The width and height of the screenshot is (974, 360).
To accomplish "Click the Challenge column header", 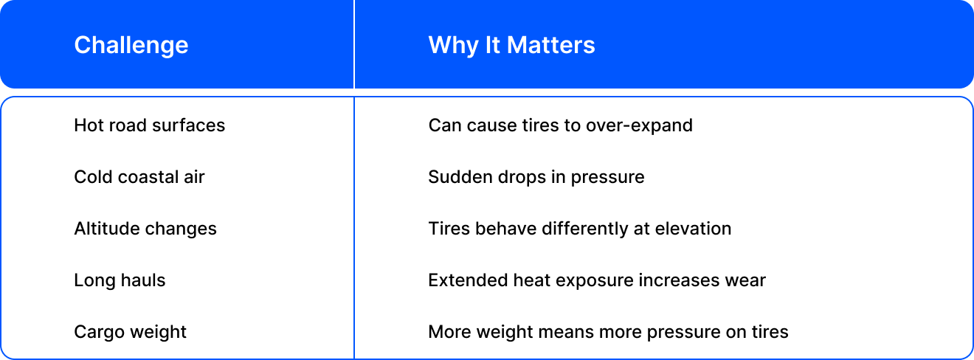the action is click(131, 45).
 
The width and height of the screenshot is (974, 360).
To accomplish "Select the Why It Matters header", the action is click(511, 45).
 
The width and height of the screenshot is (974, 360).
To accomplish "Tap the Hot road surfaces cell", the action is click(150, 125).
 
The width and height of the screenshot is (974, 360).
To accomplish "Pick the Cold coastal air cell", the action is click(139, 177).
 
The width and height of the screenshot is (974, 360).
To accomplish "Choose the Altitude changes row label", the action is click(145, 229).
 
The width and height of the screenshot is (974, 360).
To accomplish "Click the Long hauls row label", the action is click(120, 280).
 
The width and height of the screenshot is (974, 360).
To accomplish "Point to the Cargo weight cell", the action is click(130, 332).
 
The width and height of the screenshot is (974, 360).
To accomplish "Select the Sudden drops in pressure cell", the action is click(536, 177).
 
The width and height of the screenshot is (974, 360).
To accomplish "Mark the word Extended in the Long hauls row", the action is click(468, 280).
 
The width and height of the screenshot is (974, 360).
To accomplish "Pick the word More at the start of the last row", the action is click(449, 332).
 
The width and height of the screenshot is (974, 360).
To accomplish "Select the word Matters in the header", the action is click(551, 45).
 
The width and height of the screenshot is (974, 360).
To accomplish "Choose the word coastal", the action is click(148, 177).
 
